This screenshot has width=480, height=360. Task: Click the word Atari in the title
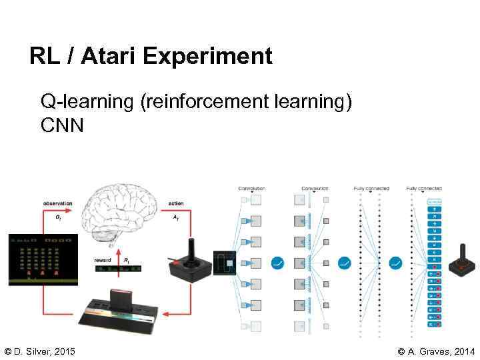tap(109, 56)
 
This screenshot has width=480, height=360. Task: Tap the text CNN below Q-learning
tap(62, 125)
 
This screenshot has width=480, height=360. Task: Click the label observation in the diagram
tap(58, 203)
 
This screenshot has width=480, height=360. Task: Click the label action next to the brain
tap(176, 203)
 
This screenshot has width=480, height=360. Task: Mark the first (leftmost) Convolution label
tap(252, 189)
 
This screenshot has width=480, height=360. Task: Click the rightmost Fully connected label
tap(424, 189)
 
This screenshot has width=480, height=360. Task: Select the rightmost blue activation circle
tap(396, 263)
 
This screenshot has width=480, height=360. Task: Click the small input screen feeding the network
tap(224, 263)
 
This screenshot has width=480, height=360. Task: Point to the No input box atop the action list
tap(435, 201)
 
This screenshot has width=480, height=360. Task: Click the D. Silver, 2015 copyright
tap(40, 351)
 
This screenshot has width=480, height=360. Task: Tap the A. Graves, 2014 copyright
tap(436, 351)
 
